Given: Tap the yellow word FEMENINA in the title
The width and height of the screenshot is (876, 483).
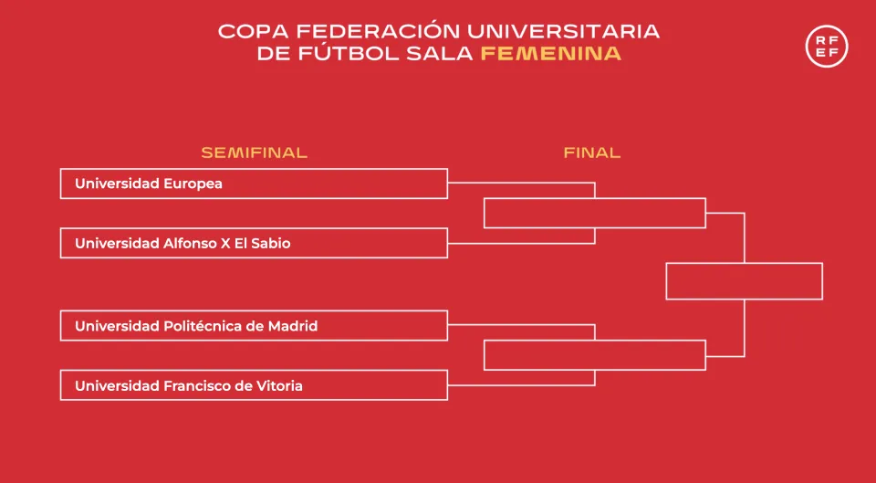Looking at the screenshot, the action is [x=551, y=54].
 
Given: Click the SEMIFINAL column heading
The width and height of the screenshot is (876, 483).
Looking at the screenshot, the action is [x=255, y=152].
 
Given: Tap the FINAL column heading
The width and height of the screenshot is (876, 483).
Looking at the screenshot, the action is [x=592, y=152].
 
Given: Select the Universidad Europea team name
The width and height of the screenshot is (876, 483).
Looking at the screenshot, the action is [x=149, y=184].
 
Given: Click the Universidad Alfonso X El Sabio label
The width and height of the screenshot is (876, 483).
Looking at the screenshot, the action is [x=182, y=243].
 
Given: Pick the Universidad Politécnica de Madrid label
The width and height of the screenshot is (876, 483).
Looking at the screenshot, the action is [x=196, y=325].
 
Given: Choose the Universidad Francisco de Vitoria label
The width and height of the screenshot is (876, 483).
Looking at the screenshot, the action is [x=189, y=385].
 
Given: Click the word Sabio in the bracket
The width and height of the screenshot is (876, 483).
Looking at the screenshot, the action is [x=273, y=243].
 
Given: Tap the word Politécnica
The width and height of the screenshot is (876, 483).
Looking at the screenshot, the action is [x=203, y=325].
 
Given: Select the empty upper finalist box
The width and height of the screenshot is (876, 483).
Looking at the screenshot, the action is [x=594, y=198].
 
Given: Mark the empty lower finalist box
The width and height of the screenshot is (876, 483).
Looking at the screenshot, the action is [x=594, y=340].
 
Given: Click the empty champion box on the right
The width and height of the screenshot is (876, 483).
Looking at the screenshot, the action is [x=745, y=263].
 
